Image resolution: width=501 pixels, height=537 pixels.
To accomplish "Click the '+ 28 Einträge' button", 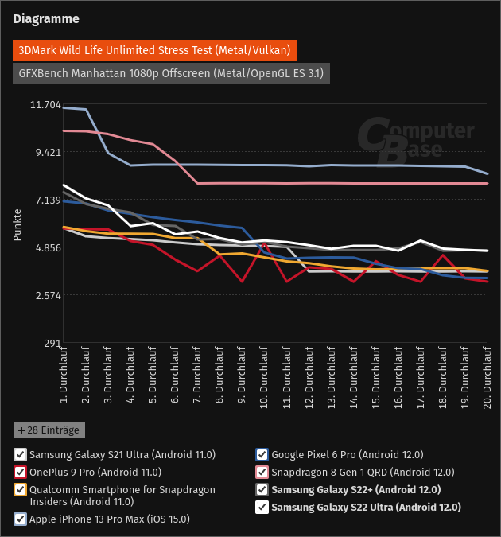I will coord(49,430).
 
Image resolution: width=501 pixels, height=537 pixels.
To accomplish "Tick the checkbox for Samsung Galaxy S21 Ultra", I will coord(19,455).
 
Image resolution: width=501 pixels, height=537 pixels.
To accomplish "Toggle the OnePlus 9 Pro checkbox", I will coord(19,472).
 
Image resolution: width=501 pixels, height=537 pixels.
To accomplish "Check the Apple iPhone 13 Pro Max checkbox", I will coord(19,519).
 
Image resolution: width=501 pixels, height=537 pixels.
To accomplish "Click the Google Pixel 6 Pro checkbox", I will coord(262,455).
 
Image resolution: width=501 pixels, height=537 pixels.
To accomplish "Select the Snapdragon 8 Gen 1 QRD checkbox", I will coord(262,472).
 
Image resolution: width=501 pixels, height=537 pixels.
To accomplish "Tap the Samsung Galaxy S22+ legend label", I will coord(356,489).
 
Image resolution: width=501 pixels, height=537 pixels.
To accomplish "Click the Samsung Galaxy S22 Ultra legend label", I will coord(367,507).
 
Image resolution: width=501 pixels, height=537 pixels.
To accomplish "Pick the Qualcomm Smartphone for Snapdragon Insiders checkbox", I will coord(19,489).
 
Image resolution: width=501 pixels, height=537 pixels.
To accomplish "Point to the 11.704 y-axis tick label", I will coord(45,105).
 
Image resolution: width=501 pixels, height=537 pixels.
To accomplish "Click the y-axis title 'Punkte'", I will coord(17,224).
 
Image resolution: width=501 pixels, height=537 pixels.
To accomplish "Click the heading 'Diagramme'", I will coord(46,18).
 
